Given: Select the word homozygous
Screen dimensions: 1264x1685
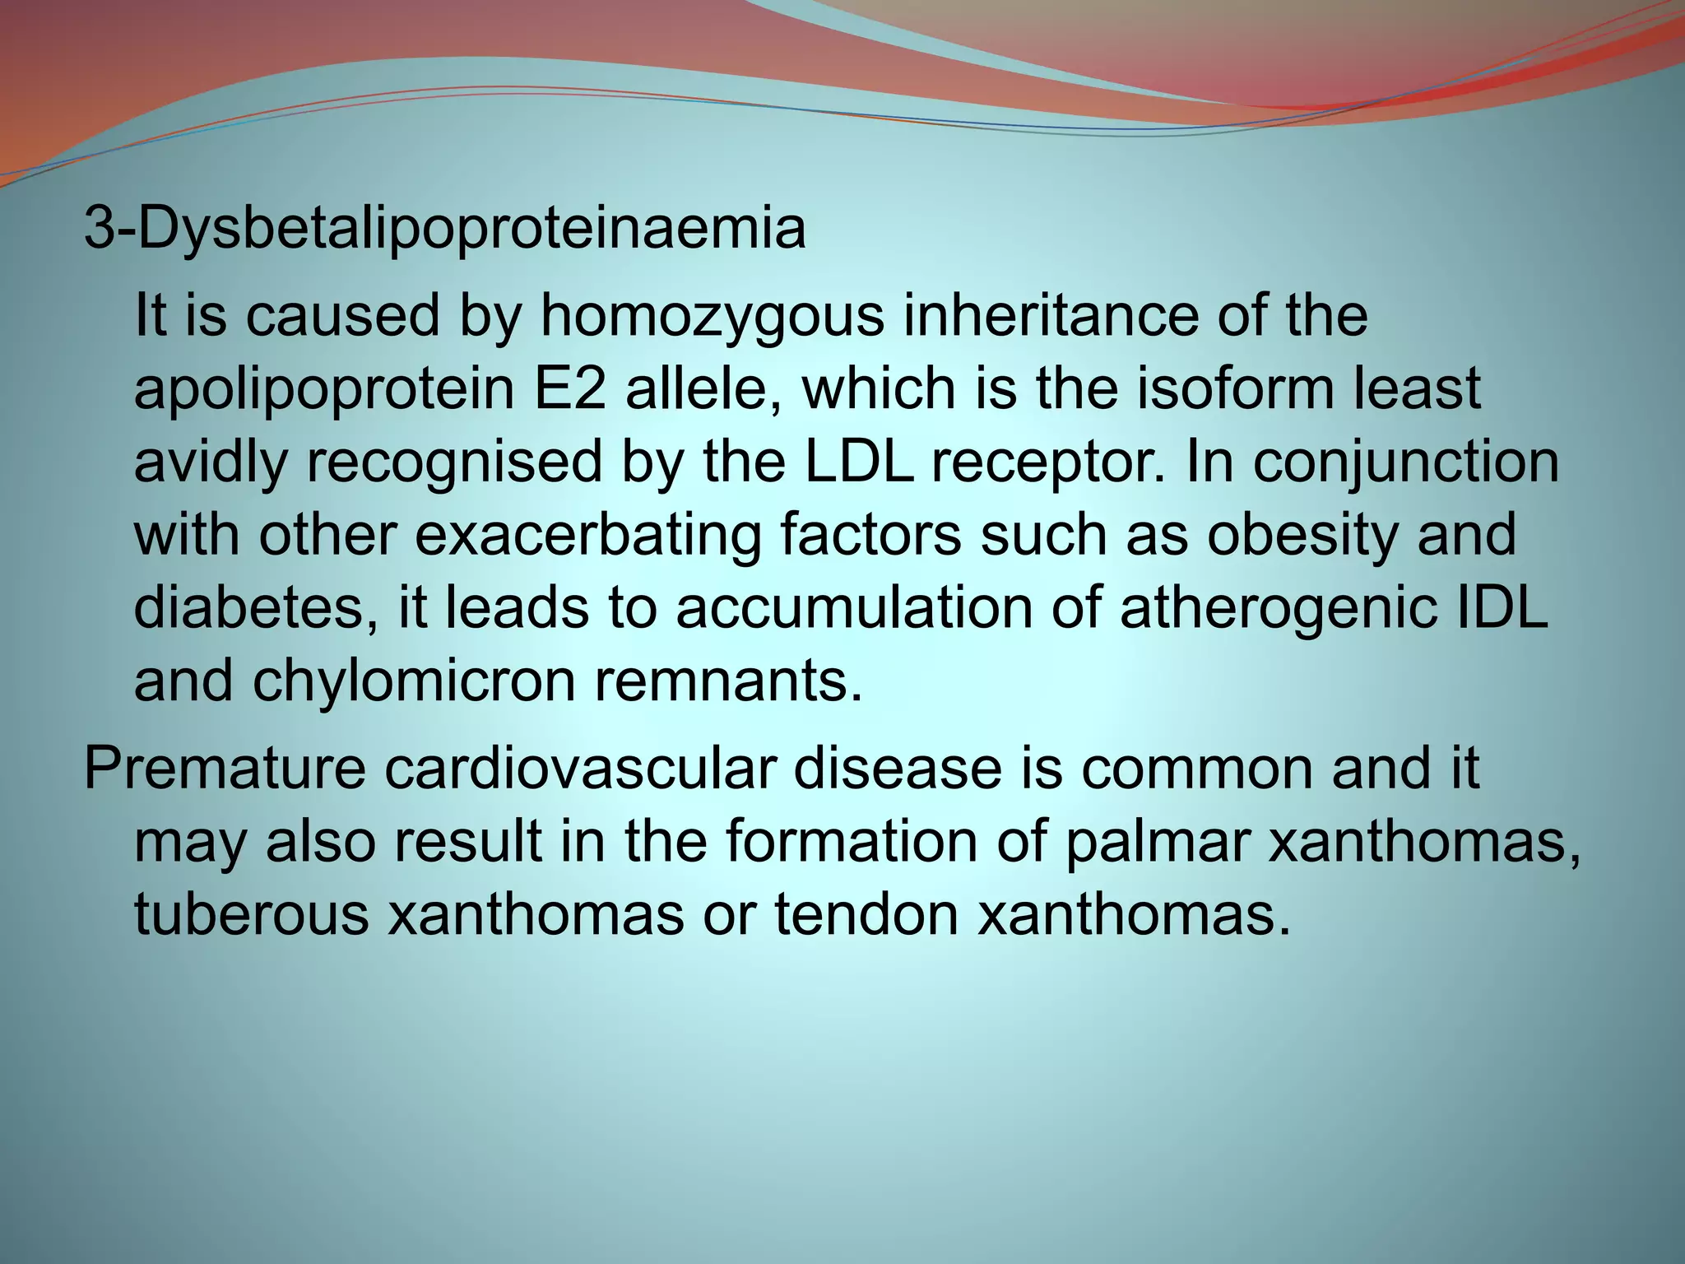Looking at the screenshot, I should tap(711, 317).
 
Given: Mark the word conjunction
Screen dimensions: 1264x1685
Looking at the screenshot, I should tap(1406, 462).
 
